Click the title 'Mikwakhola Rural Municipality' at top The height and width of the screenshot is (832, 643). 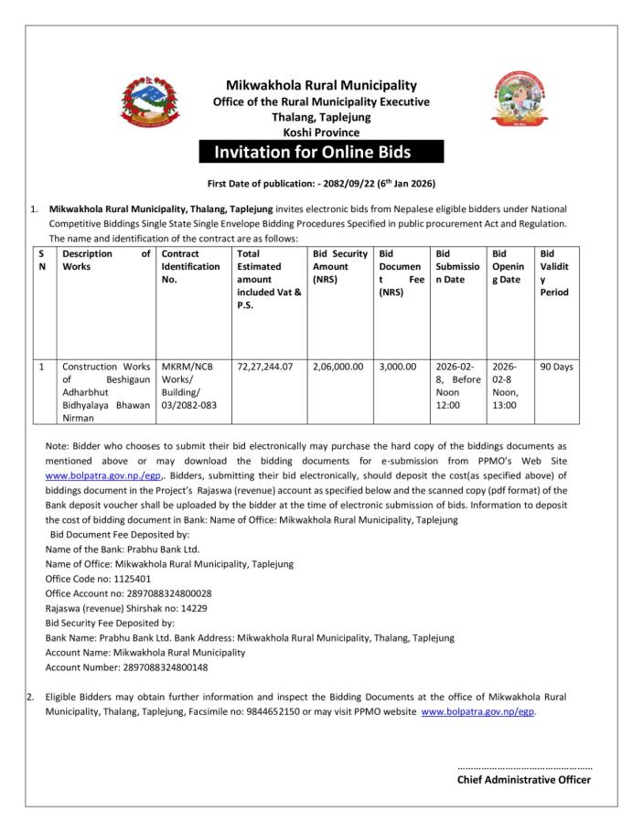point(321,85)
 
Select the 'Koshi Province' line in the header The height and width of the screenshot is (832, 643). point(321,133)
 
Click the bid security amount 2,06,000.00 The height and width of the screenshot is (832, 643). point(338,367)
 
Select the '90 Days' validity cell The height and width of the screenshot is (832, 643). point(556,367)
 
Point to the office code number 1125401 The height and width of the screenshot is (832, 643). point(129,578)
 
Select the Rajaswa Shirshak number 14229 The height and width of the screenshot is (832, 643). point(188,607)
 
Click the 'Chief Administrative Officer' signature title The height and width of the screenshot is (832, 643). point(524,780)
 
